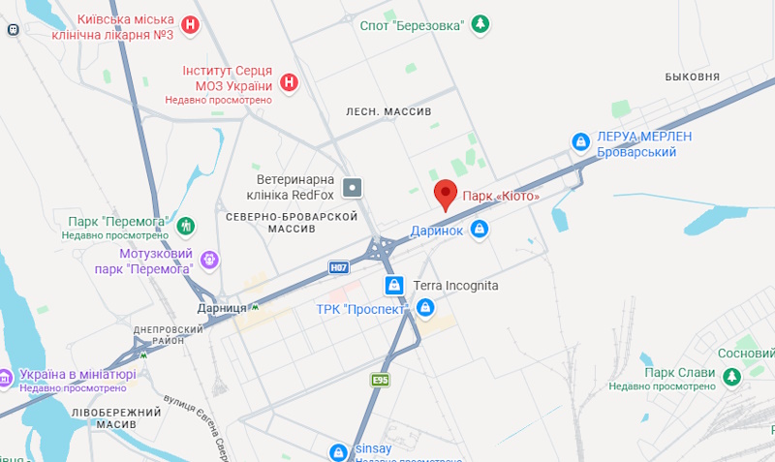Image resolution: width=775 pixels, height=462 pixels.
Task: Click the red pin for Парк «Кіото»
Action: click(445, 194)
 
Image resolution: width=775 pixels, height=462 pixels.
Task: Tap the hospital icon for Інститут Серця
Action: click(288, 82)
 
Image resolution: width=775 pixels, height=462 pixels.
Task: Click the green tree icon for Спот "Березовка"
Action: click(480, 24)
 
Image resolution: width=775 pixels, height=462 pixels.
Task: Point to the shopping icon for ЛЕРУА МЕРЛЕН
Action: click(580, 142)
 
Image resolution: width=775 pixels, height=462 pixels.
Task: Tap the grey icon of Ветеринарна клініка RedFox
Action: click(355, 186)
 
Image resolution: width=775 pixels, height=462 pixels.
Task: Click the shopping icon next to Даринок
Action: click(479, 230)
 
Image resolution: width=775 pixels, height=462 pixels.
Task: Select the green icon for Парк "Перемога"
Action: click(187, 226)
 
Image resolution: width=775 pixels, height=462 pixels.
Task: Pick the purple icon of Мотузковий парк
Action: click(209, 259)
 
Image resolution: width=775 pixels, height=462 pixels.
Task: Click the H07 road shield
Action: click(338, 266)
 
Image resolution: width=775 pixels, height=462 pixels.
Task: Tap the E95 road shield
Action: click(381, 382)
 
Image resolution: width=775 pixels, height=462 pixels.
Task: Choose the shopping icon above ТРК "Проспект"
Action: click(393, 286)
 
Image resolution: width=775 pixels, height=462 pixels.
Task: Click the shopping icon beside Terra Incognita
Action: click(424, 308)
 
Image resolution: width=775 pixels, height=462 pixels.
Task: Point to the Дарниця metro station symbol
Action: click(256, 307)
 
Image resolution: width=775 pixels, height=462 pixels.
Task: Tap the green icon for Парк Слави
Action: click(730, 373)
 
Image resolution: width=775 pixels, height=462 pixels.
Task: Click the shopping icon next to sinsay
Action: click(338, 451)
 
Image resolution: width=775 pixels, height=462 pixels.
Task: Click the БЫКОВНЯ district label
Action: click(692, 77)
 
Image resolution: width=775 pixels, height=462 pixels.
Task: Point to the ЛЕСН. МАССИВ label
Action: click(388, 112)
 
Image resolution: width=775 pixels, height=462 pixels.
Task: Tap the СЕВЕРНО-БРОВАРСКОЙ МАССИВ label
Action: click(292, 222)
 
